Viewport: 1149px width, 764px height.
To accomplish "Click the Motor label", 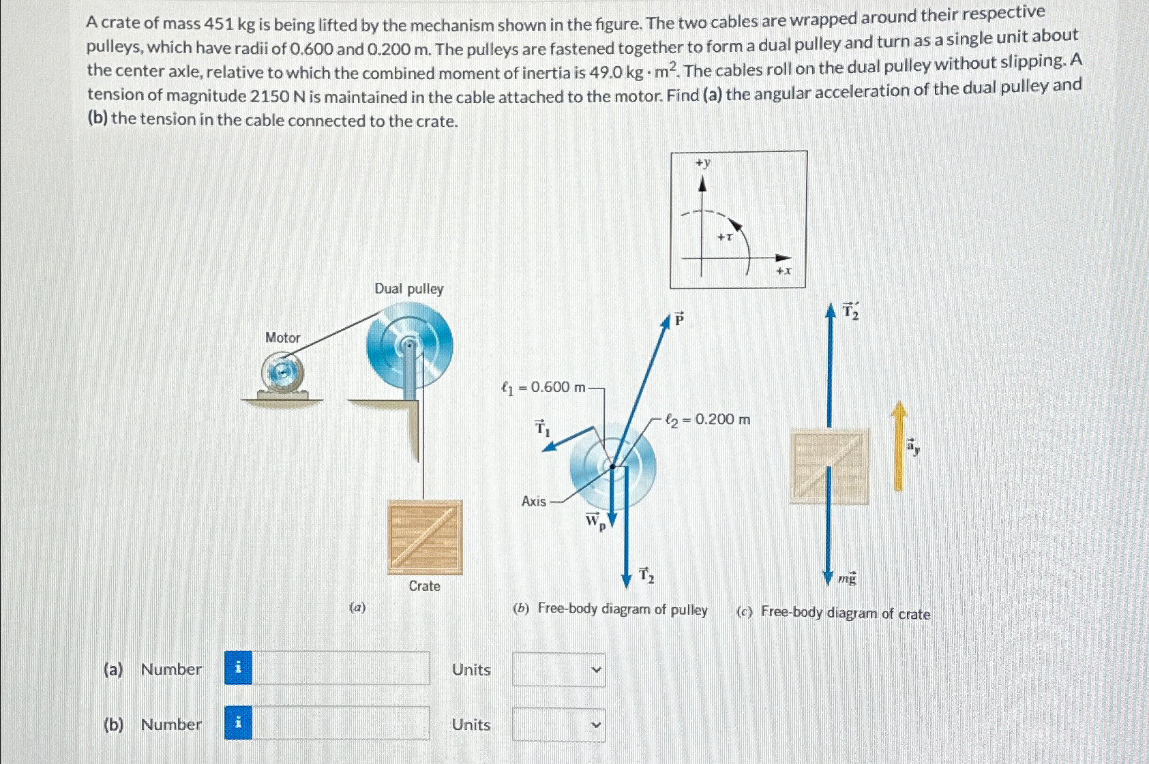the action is pos(282,337).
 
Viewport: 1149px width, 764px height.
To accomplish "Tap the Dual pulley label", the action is pos(408,289).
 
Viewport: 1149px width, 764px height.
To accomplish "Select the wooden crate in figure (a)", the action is pos(425,537).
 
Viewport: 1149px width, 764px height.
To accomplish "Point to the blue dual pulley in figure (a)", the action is pos(409,346).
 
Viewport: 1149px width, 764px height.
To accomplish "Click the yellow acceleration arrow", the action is pos(899,446).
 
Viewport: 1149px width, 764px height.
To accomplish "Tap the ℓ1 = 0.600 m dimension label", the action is pos(544,387).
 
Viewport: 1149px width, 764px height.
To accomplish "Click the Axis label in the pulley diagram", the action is pos(534,502).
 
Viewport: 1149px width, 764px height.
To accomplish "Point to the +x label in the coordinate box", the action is pos(784,271).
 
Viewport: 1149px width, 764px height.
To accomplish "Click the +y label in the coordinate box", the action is pos(702,163).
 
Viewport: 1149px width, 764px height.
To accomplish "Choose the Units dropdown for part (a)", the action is pos(558,669).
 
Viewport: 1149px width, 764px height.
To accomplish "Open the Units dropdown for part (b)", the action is pos(558,724).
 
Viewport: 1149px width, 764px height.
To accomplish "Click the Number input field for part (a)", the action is pos(340,668).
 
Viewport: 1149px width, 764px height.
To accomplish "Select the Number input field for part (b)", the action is pos(340,723).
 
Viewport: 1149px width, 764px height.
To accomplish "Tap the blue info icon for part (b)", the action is pos(238,723).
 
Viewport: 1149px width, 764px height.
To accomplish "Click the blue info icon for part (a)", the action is pos(238,668).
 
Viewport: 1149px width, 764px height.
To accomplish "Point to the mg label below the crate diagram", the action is pos(847,579).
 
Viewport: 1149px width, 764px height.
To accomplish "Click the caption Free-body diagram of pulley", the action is pos(622,609).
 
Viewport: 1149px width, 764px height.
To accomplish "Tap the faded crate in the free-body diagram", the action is pos(829,467).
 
